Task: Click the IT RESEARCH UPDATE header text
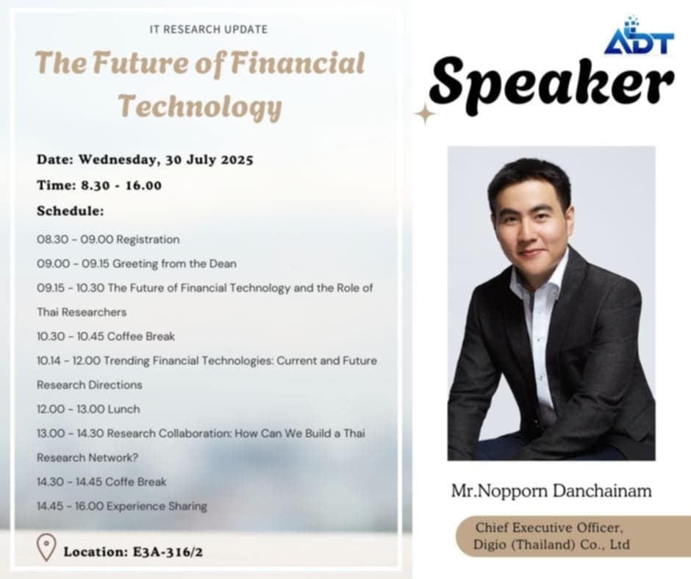tap(209, 29)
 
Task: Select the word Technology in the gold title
tap(201, 107)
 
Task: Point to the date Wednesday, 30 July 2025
tap(165, 159)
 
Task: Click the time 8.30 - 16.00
tap(121, 185)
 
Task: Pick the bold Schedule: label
tap(71, 211)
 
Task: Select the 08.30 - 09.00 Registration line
tap(108, 240)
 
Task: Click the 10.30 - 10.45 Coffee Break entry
tap(106, 337)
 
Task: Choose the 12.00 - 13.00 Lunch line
tap(88, 409)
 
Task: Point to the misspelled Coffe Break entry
tap(101, 482)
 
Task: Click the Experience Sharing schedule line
tap(122, 506)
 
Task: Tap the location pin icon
tap(46, 547)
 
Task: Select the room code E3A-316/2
tap(168, 552)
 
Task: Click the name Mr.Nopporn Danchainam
tap(551, 490)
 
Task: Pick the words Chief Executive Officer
tap(549, 528)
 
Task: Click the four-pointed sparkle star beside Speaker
tap(426, 114)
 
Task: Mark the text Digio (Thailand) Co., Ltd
tap(551, 544)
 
